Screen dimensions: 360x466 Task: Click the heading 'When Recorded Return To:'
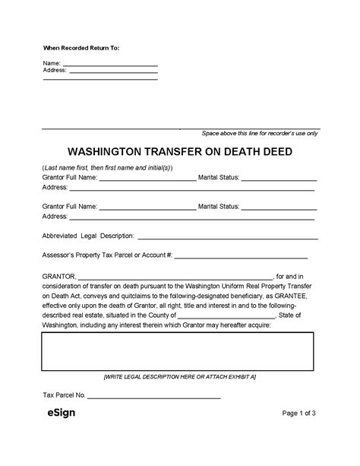click(81, 48)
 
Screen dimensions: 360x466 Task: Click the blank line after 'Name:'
click(109, 64)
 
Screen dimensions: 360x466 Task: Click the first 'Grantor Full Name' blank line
click(147, 179)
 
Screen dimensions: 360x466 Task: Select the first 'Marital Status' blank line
click(279, 179)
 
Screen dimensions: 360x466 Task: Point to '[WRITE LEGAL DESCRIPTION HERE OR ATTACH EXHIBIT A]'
click(179, 377)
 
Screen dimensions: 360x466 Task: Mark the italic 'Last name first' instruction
click(107, 167)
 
